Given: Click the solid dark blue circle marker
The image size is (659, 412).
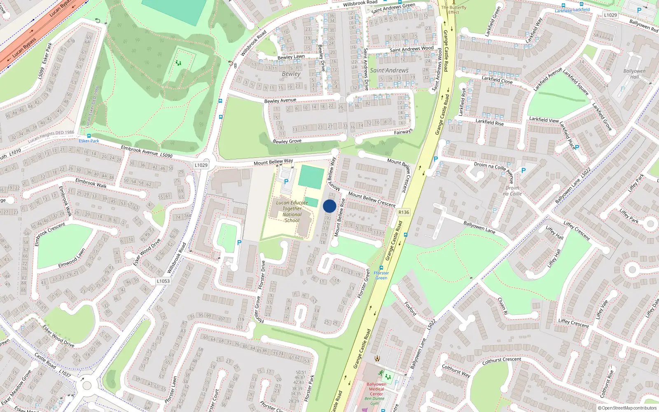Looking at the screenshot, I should click(x=329, y=206).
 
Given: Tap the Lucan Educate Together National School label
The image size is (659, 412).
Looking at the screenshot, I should click(x=292, y=211).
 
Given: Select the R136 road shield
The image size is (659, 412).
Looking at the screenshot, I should click(x=404, y=212).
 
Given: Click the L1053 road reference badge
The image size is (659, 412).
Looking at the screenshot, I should click(x=163, y=281).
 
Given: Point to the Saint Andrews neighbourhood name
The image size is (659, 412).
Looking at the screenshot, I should click(x=389, y=70).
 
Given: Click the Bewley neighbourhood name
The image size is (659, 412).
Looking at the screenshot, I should click(x=291, y=74).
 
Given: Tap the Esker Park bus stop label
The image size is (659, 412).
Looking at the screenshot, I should click(x=89, y=141).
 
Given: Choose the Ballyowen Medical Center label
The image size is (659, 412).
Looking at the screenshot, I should click(x=376, y=389).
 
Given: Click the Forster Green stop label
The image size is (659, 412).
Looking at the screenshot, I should click(x=381, y=275).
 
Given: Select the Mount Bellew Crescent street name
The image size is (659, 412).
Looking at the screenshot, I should click(x=372, y=199).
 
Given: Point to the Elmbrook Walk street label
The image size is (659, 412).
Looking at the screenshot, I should click(x=91, y=183).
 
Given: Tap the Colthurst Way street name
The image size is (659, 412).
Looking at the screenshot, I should click(x=456, y=370).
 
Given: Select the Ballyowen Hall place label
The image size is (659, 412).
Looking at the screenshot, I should click(x=634, y=74).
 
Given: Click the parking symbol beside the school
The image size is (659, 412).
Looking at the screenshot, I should click(x=286, y=181).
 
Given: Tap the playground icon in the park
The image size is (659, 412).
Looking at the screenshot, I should click(x=178, y=63).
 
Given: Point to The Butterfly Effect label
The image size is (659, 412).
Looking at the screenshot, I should click(x=454, y=10).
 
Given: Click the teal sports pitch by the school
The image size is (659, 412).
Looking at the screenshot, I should click(x=311, y=177).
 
